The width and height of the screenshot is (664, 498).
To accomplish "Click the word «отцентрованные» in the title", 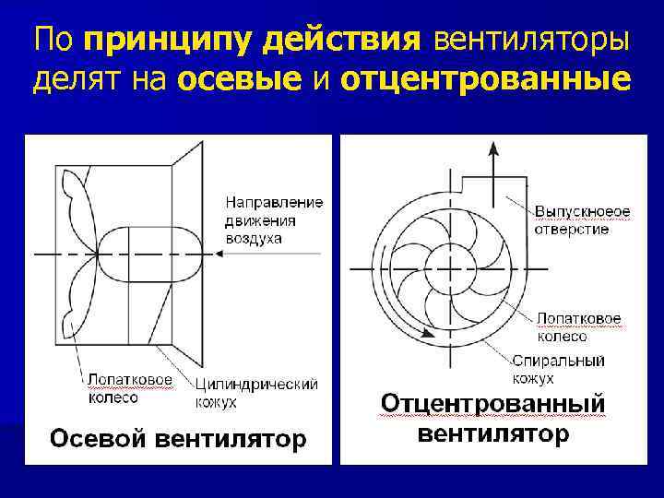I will [x=485, y=81].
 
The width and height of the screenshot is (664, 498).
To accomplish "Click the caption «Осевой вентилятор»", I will [x=176, y=439].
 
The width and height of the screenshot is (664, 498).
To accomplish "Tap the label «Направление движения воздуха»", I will [x=274, y=219].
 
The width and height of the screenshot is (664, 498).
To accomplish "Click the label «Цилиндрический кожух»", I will [x=256, y=392].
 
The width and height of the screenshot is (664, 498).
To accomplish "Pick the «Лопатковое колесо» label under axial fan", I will [x=130, y=388].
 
